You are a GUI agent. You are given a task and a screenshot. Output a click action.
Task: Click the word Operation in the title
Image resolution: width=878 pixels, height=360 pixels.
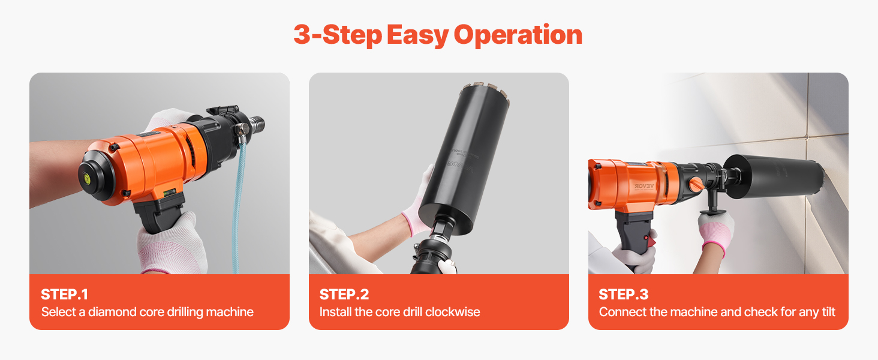point(518,35)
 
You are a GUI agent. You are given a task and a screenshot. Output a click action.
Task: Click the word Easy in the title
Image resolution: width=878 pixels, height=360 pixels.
point(417,35)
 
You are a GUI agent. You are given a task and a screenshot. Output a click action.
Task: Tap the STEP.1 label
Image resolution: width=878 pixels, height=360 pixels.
point(65,295)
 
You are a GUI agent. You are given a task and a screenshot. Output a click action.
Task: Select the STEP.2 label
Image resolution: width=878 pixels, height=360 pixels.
point(344,295)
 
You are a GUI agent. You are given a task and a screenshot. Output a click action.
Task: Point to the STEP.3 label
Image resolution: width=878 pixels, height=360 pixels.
point(624,295)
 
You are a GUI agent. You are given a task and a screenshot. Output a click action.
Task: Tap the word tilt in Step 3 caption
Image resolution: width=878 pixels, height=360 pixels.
point(829,312)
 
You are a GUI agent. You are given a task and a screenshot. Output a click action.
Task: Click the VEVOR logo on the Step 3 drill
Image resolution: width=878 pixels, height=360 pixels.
point(644,186)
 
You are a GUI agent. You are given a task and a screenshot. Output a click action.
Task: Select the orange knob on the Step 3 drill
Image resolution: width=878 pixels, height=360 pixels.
point(696,184)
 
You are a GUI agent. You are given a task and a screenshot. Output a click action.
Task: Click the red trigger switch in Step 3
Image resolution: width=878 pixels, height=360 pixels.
point(651,239)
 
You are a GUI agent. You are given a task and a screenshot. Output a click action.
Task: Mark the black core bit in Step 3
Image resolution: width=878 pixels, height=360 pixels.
point(774,176)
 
